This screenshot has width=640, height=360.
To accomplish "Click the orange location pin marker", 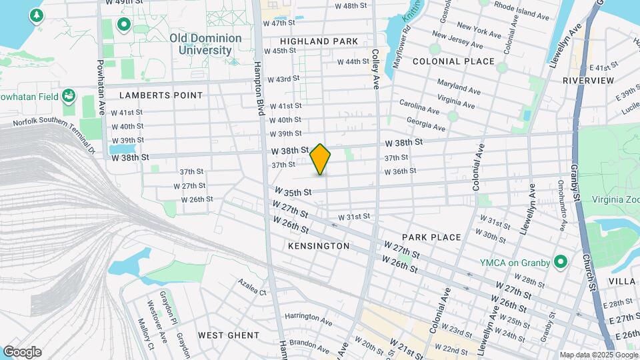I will pos(321,159).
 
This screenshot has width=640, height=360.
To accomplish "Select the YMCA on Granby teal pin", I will pos(560,262).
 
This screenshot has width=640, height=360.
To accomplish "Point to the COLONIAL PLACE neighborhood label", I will pos(453,61).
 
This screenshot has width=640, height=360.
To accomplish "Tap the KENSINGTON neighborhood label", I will pos(319,246).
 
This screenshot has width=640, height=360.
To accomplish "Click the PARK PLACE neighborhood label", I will pos(431,237).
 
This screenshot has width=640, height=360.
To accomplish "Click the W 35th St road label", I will pos(293,192).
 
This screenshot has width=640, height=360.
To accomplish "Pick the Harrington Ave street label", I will pos(308,320).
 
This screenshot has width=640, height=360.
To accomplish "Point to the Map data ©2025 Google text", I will pos(597,355).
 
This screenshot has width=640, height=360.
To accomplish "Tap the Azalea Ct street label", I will pos(252,287).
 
